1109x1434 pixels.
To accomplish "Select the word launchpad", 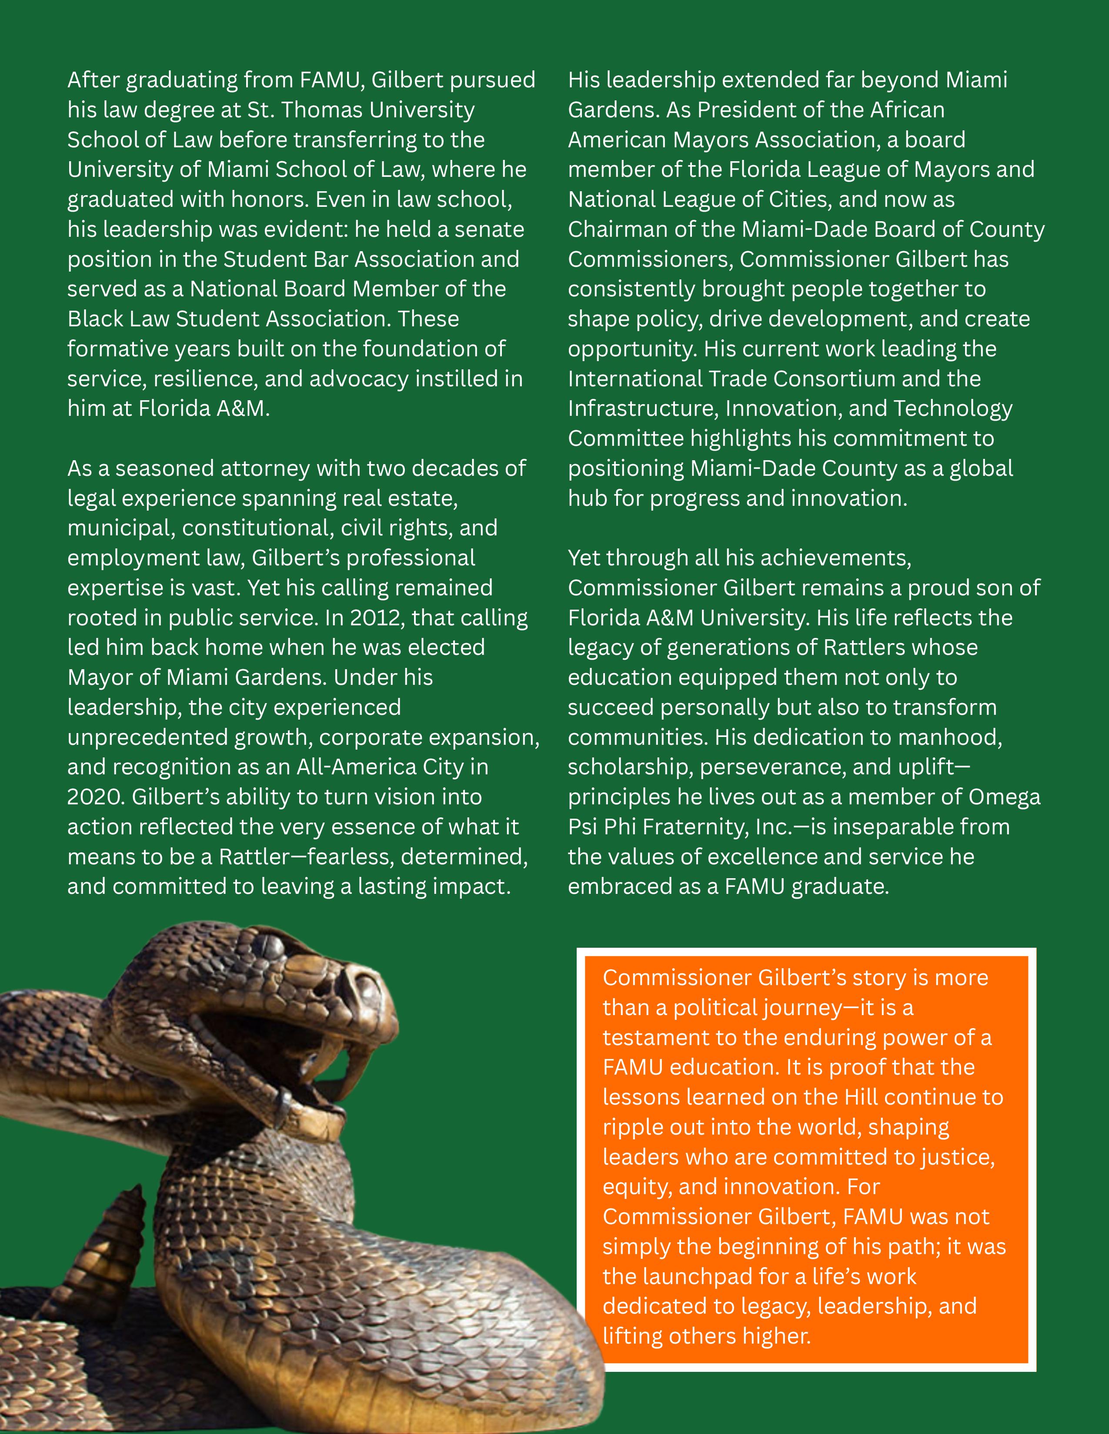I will coord(697,1276).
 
